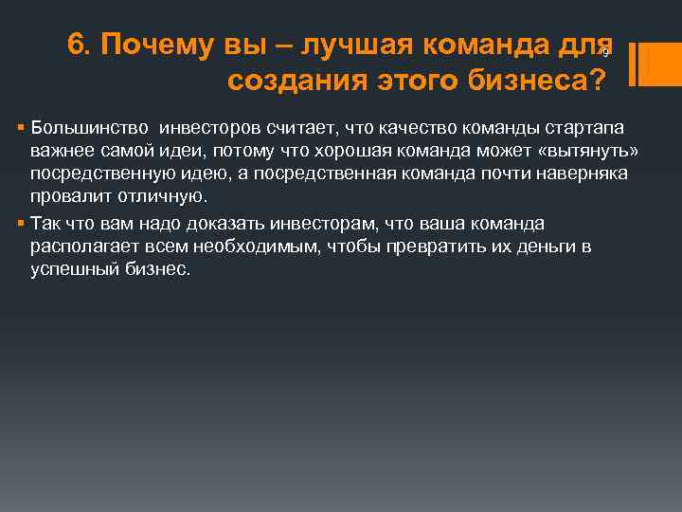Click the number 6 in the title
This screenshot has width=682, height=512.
77,45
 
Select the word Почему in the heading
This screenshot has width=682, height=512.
142,45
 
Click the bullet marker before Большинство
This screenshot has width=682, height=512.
22,128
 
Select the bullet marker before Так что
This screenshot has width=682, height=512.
22,224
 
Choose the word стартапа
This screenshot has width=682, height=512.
584,128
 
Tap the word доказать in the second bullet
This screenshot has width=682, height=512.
233,224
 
